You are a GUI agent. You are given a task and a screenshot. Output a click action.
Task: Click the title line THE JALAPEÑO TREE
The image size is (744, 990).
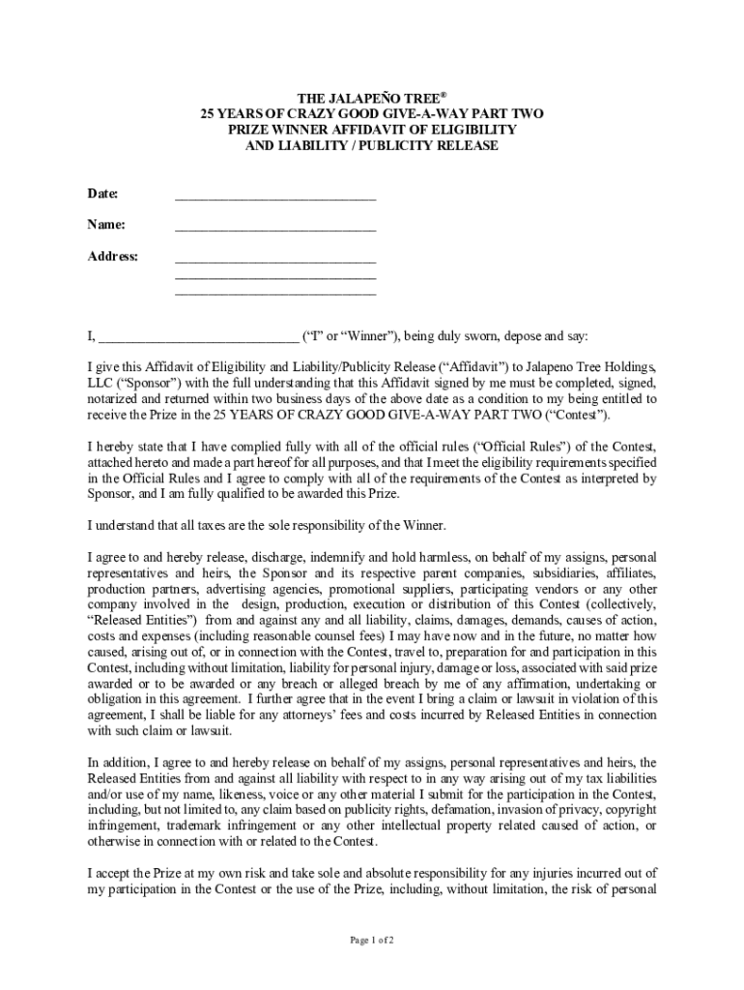click(x=368, y=99)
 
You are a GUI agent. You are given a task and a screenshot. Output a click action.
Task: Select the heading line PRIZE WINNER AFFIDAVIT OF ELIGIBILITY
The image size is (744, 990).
click(x=372, y=130)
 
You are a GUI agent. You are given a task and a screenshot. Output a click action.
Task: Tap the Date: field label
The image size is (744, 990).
click(x=102, y=193)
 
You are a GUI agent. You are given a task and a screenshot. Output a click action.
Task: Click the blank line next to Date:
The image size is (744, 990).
click(x=275, y=197)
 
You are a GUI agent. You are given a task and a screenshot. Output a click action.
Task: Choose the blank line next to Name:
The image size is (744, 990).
click(x=275, y=229)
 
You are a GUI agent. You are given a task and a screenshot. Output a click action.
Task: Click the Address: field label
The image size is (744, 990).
click(x=113, y=256)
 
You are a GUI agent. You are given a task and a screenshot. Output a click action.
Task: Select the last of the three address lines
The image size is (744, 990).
click(x=275, y=292)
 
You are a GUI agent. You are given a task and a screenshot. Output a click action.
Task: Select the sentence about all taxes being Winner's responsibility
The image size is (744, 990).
click(x=267, y=525)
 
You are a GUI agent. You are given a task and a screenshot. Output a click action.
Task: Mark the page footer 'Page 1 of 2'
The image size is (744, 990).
click(x=372, y=940)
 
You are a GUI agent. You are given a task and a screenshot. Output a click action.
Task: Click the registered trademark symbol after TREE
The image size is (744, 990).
click(x=444, y=95)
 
